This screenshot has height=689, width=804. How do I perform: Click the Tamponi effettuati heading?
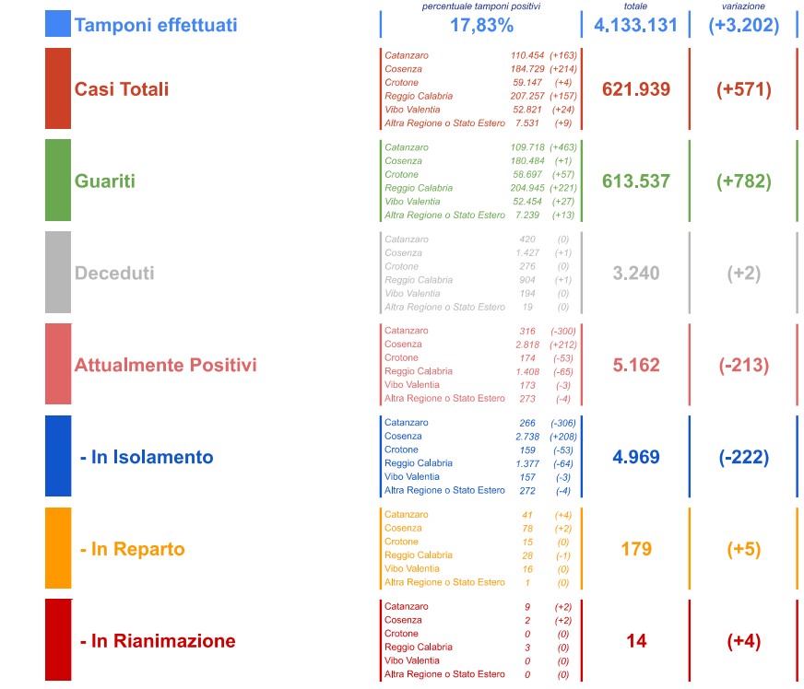point(155,25)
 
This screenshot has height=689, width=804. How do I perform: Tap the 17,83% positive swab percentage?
point(481,25)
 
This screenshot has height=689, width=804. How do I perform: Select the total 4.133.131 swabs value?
point(635,25)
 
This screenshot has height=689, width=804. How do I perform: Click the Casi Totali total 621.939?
point(635,89)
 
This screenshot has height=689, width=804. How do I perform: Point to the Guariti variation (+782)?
point(743,181)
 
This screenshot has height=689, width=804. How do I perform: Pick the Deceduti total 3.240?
point(635,274)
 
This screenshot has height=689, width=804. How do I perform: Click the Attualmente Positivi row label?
point(165,365)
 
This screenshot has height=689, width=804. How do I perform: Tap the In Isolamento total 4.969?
point(635,457)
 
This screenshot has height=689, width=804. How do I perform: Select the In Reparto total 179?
point(635,549)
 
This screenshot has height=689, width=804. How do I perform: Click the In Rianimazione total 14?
point(635,641)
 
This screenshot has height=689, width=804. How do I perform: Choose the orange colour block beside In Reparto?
point(58,548)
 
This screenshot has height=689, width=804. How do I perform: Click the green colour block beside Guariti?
point(58,181)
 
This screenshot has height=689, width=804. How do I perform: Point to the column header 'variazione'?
point(743,6)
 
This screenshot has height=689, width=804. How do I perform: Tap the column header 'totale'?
point(635,6)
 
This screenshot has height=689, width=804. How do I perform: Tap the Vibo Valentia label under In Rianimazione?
point(412,660)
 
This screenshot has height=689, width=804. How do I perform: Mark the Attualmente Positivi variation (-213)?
point(743,365)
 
